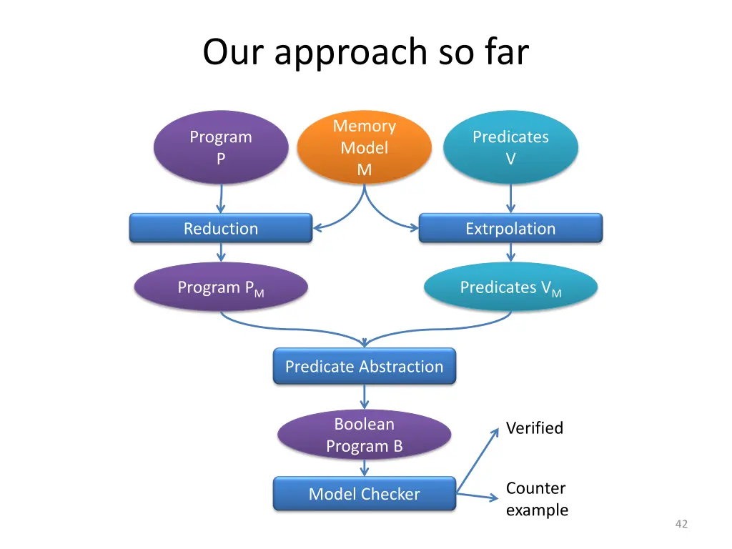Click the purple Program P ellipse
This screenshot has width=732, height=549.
pos(221,147)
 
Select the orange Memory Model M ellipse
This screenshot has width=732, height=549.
pos(365,148)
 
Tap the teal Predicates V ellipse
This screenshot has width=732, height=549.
pos(510,147)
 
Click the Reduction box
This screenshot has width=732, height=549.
pos(221,229)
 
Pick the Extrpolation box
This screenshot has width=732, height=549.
pos(510,229)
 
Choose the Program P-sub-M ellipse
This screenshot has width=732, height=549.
pos(221,288)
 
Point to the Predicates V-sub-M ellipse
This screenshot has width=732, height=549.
pos(510,288)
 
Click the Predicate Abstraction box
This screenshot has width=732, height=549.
pos(365,367)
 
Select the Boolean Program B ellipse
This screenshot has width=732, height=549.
pos(365,435)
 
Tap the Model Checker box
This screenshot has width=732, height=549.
pos(365,494)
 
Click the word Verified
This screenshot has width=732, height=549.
pos(535,428)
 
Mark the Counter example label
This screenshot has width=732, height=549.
pos(537,499)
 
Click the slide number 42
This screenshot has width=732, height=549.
pos(681,524)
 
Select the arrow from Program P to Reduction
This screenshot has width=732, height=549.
pos(221,198)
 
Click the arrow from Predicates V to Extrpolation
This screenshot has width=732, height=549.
pos(510,198)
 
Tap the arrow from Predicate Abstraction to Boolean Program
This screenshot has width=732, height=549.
pos(365,396)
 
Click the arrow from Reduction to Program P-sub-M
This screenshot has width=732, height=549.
pos(221,252)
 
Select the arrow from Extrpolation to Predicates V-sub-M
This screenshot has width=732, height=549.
pos(510,252)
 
